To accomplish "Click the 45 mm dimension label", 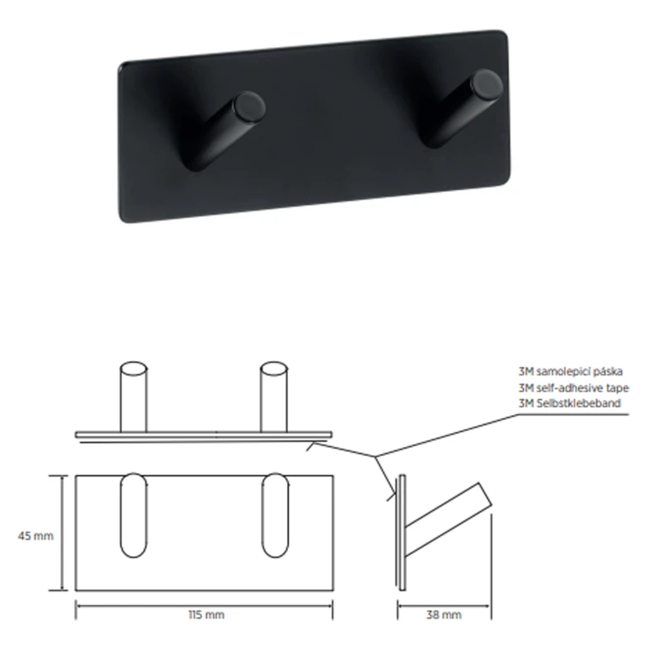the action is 36,536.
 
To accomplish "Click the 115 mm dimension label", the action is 206,615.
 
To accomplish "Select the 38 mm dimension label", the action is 443,615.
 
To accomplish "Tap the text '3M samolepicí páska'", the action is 571,371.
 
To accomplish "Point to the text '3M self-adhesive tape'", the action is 574,388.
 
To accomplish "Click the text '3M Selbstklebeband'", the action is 570,403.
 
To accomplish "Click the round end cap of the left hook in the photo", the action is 250,107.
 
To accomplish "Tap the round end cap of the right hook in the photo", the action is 487,85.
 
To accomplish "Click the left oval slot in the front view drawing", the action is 133,515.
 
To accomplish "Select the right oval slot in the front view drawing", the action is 275,515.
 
